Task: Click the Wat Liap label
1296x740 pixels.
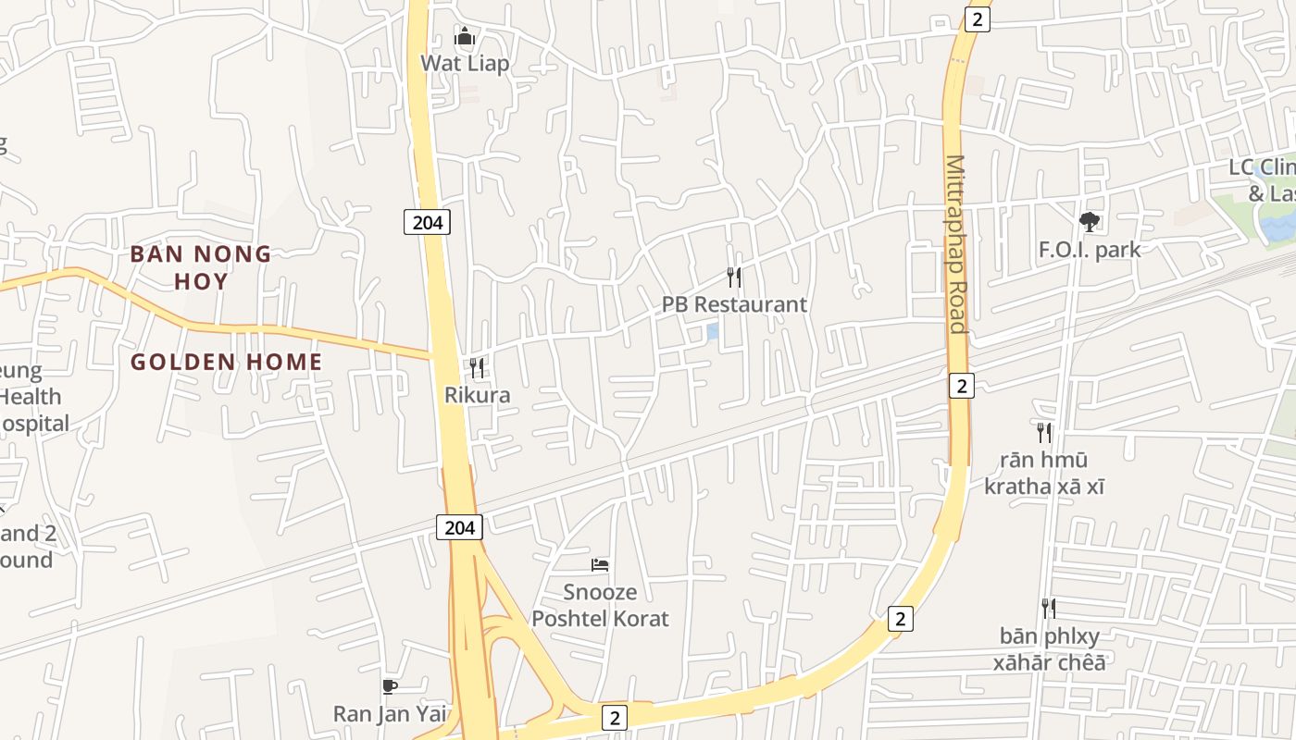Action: click(465, 64)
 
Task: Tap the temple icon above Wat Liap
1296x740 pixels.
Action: click(465, 37)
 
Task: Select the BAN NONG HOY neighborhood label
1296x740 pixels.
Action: click(201, 267)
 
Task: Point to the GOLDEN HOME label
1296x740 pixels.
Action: click(227, 362)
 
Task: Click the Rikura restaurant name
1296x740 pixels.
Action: click(477, 395)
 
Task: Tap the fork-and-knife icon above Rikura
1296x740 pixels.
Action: click(477, 368)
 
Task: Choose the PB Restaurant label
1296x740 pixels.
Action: click(734, 304)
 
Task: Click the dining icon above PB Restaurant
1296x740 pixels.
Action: click(734, 277)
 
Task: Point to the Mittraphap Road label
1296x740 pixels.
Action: click(955, 244)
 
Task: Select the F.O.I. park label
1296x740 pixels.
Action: click(1090, 250)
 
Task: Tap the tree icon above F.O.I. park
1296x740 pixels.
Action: click(1090, 222)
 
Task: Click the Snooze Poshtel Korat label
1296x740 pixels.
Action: click(600, 605)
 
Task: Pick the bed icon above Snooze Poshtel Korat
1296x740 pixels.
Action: click(600, 564)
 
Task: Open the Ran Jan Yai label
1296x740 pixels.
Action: click(390, 713)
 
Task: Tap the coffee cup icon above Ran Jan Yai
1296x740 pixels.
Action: click(390, 686)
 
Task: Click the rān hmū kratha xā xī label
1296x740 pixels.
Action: click(1044, 473)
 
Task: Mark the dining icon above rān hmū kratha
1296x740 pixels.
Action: click(1044, 433)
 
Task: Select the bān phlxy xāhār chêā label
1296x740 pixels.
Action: click(1049, 648)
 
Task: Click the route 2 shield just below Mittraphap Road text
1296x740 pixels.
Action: click(962, 386)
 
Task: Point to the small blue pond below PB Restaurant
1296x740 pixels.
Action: click(713, 330)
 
